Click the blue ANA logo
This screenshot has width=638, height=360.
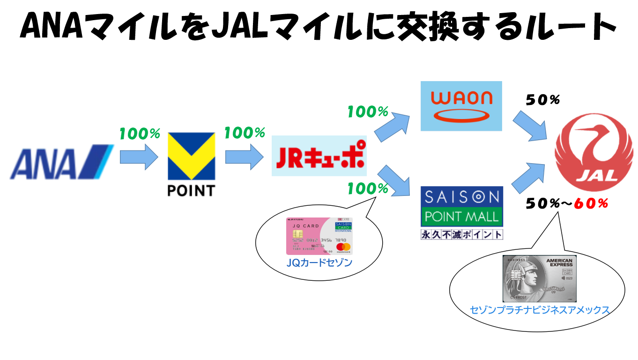(x=61, y=162)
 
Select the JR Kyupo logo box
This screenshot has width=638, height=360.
(x=319, y=156)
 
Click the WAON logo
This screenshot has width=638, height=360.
(x=461, y=106)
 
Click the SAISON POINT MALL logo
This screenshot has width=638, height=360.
(x=461, y=207)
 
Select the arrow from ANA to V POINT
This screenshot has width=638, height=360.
(x=140, y=157)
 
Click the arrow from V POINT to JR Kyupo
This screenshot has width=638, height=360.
(x=245, y=157)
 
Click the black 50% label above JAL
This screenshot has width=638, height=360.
(x=543, y=100)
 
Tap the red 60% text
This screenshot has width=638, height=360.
(x=591, y=203)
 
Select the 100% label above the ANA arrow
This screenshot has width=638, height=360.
(x=139, y=134)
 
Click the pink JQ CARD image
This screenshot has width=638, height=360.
(x=319, y=236)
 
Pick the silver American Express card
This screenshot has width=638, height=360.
(x=539, y=278)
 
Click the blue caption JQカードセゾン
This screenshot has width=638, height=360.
(x=319, y=263)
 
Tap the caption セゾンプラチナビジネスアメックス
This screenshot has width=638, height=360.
(x=540, y=310)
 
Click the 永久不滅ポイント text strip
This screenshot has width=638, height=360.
(x=461, y=234)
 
